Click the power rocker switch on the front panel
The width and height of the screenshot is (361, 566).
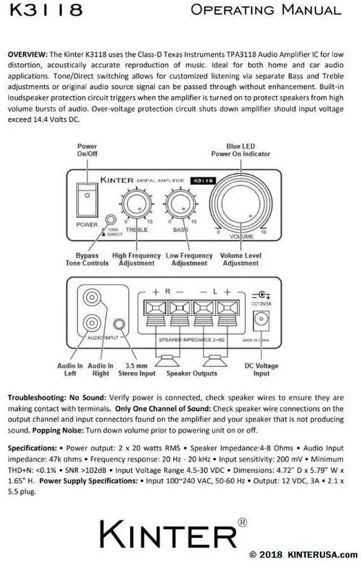click(86, 200)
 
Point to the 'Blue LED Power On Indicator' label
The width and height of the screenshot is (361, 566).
click(240, 150)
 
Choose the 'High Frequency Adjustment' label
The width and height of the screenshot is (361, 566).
click(136, 259)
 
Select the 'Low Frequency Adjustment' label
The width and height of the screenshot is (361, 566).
click(189, 259)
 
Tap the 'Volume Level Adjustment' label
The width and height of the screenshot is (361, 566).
click(240, 259)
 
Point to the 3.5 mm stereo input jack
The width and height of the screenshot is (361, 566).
click(119, 325)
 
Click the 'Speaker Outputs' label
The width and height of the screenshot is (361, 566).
click(192, 373)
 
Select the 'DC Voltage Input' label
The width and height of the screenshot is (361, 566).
click(261, 369)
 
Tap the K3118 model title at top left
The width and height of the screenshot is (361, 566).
click(45, 10)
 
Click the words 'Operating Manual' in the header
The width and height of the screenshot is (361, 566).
click(266, 10)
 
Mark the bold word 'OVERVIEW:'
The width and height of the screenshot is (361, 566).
click(28, 55)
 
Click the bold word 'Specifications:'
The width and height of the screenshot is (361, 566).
click(32, 448)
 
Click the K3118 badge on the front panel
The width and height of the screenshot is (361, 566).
click(202, 181)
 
